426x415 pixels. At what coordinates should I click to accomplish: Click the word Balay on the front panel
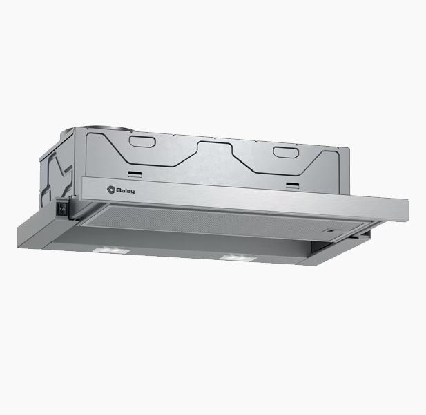tap(125, 191)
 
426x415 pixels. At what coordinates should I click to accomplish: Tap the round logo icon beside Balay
tap(111, 189)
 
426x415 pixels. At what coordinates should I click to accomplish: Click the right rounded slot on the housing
tap(286, 152)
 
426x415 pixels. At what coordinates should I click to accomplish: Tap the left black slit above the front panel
tap(135, 174)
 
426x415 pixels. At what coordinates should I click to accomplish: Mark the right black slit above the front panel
tap(292, 185)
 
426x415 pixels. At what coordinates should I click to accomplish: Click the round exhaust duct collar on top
tap(101, 128)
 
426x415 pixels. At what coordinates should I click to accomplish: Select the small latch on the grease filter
tap(330, 231)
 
